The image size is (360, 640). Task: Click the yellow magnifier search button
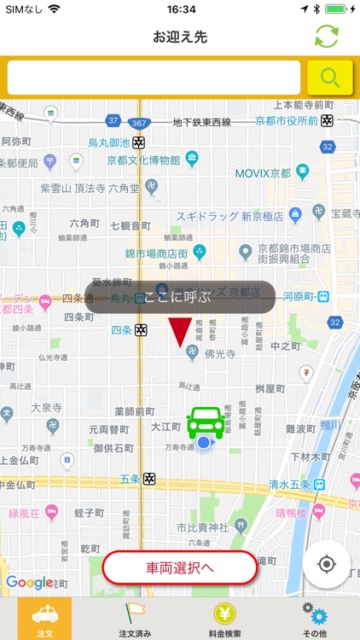click(330, 78)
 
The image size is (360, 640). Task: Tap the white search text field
click(154, 78)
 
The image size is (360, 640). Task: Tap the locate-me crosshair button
click(326, 564)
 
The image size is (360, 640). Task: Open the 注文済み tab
click(135, 619)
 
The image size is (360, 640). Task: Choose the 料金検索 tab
click(225, 619)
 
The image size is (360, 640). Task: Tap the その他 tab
click(315, 619)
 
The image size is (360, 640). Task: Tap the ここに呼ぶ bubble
click(179, 297)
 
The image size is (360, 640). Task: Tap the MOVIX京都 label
click(263, 173)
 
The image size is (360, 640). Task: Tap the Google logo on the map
click(28, 583)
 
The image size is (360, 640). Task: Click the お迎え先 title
click(180, 37)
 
